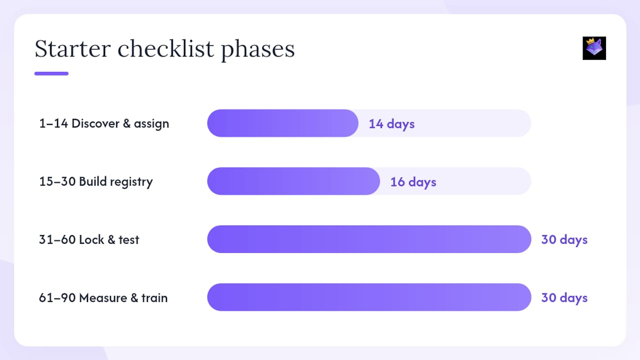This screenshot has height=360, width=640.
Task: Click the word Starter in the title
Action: click(x=73, y=48)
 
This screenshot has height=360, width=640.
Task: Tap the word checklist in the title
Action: click(x=165, y=48)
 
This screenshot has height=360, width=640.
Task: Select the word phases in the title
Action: click(x=257, y=50)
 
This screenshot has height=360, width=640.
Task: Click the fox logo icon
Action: click(x=594, y=48)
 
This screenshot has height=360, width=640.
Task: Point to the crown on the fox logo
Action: click(x=590, y=41)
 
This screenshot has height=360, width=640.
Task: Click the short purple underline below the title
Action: click(x=51, y=73)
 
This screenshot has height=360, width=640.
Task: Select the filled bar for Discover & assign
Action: click(x=282, y=123)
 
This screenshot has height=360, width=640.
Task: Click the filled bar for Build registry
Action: click(x=293, y=181)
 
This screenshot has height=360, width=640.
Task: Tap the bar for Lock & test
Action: click(x=369, y=239)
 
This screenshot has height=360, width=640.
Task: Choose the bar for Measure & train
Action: click(x=369, y=297)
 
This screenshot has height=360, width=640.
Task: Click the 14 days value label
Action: click(x=391, y=124)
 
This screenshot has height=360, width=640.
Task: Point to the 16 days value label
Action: click(x=413, y=182)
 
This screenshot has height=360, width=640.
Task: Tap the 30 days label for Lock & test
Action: click(x=564, y=240)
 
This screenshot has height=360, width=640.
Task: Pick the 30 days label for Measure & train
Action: click(x=564, y=298)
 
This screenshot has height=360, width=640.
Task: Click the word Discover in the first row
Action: click(x=95, y=123)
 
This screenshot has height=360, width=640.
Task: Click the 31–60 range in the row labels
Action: click(x=57, y=239)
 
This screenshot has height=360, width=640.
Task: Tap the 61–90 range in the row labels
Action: click(x=57, y=297)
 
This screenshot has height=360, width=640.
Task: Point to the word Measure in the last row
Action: click(x=103, y=297)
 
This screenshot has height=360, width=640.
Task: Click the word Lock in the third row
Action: click(x=91, y=239)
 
